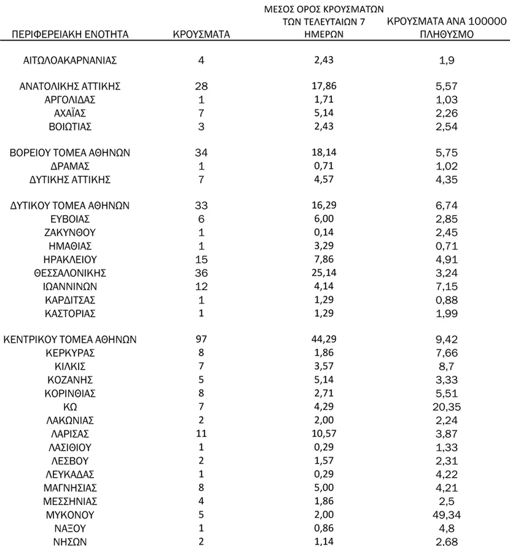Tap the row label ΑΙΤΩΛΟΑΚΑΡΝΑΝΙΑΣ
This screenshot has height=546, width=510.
click(70, 60)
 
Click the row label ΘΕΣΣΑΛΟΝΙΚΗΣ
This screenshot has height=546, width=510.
click(70, 273)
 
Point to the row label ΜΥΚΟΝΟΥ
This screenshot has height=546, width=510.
click(70, 514)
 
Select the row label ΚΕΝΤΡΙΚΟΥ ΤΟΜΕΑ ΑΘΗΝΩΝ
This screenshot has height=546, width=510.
click(70, 340)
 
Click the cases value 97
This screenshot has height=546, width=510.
click(200, 340)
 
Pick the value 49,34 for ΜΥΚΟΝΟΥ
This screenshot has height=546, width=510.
click(445, 514)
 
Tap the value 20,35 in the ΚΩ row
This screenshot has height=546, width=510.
click(445, 407)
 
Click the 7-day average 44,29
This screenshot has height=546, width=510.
click(318, 340)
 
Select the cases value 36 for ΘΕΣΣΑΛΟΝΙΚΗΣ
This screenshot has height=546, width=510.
click(200, 273)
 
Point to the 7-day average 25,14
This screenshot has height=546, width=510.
click(318, 273)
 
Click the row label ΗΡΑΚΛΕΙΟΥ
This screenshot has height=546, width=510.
click(70, 259)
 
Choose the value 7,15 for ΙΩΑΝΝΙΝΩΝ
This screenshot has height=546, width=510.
click(445, 286)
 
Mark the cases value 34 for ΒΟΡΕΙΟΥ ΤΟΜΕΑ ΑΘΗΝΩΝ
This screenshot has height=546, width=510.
click(200, 152)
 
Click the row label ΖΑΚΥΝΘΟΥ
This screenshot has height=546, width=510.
click(70, 232)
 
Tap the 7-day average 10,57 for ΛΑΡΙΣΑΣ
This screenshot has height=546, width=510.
click(318, 434)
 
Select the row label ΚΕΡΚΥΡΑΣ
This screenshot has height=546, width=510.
click(70, 353)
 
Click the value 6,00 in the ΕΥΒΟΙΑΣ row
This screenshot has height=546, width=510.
click(318, 219)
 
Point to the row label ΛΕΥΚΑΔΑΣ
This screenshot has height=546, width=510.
click(70, 474)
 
